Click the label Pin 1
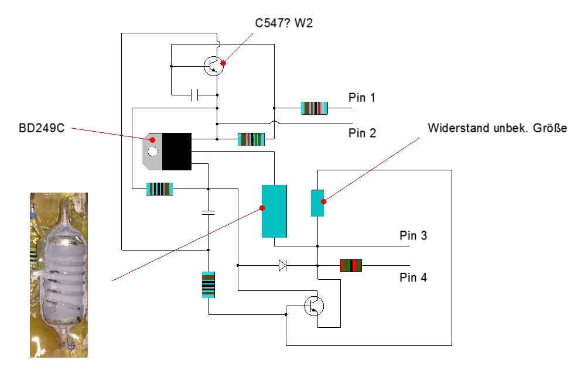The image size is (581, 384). click(362, 98)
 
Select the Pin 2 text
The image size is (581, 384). click(362, 133)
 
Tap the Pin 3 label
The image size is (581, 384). click(413, 236)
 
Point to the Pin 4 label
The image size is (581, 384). click(413, 277)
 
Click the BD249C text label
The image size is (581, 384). click(41, 127)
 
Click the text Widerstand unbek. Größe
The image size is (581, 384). click(497, 128)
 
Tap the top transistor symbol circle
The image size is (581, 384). click(214, 66)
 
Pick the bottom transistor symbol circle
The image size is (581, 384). click(315, 306)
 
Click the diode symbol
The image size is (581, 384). click(282, 266)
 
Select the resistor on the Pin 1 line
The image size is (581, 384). click(315, 108)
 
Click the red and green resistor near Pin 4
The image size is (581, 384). click(351, 266)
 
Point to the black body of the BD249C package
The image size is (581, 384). click(177, 151)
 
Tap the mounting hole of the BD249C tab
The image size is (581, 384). click(153, 152)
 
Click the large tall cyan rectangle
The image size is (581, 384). click(274, 211)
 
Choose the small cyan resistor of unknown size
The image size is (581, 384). click(317, 203)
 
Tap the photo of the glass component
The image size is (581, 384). click(59, 275)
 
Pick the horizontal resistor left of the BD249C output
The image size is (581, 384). click(159, 188)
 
